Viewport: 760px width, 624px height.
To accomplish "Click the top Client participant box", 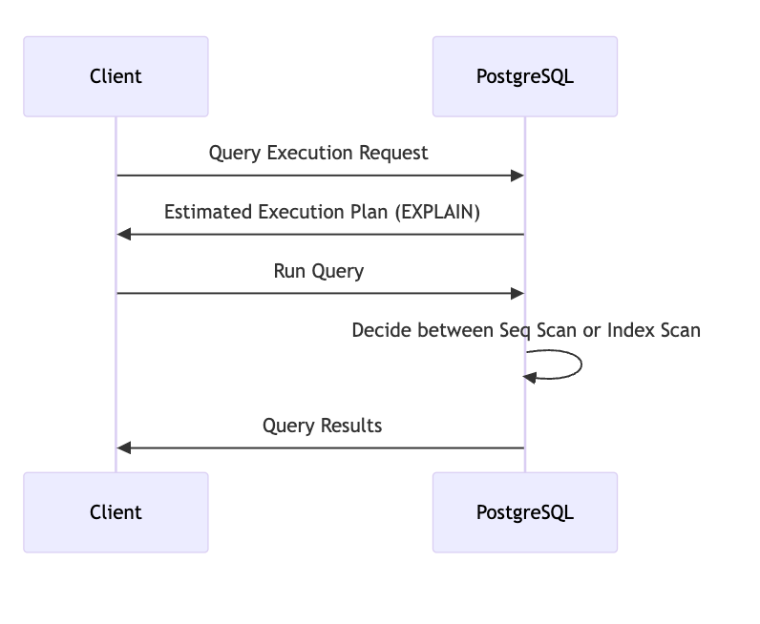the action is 116,76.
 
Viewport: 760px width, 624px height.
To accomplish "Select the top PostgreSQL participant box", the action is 525,76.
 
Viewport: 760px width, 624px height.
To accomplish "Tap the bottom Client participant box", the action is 116,512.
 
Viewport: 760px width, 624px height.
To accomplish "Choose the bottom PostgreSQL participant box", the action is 525,512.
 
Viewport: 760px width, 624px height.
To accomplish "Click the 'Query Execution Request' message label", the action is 319,153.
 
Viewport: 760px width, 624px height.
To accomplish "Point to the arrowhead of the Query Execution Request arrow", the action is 517,176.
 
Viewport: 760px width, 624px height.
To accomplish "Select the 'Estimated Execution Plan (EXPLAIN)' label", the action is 322,212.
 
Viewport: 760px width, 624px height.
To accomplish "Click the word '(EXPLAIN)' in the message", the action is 437,212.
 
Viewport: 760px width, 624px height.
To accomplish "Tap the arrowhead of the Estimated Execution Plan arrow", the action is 123,235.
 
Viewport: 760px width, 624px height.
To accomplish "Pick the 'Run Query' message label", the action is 319,271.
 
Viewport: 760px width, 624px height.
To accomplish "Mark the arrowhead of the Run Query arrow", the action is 517,293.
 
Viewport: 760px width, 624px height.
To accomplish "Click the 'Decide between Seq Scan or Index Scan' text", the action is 526,330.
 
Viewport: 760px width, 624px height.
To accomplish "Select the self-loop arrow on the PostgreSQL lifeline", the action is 581,364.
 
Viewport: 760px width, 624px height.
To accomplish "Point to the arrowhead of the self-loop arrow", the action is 529,378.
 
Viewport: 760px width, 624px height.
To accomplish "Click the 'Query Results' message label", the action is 322,426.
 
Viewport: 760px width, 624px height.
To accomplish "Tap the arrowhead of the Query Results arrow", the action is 123,448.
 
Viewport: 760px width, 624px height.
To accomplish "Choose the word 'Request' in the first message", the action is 393,153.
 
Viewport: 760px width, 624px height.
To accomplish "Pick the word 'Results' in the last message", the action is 351,426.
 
